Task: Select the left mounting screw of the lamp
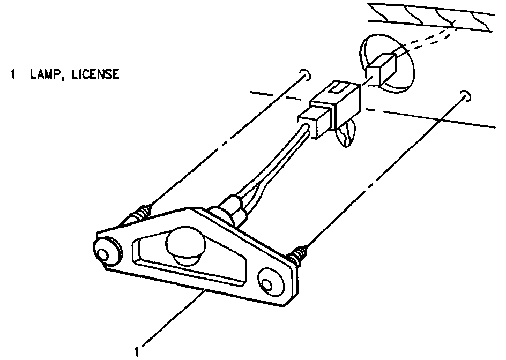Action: (x=140, y=214)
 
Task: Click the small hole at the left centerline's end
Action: (x=305, y=74)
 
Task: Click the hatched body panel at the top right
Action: (x=434, y=17)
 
